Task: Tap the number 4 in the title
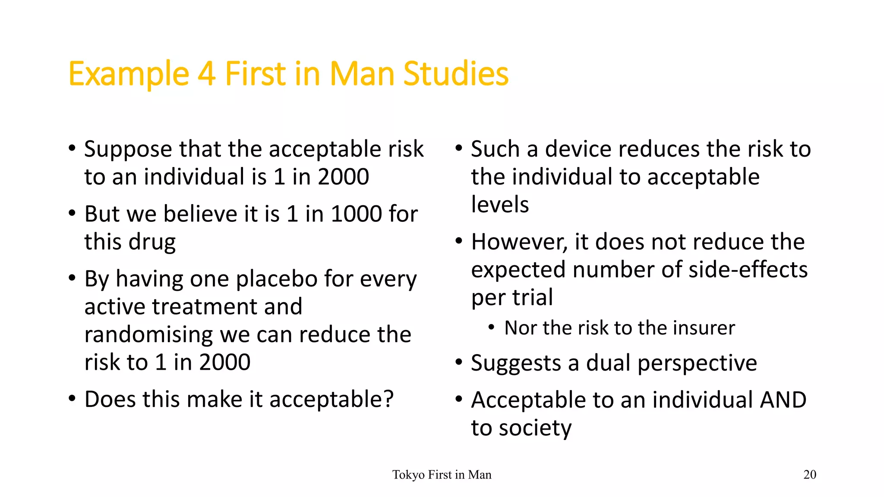(207, 74)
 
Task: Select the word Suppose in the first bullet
(128, 150)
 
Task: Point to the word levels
(500, 204)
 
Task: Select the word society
(535, 428)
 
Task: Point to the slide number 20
(809, 475)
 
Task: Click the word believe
(200, 214)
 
